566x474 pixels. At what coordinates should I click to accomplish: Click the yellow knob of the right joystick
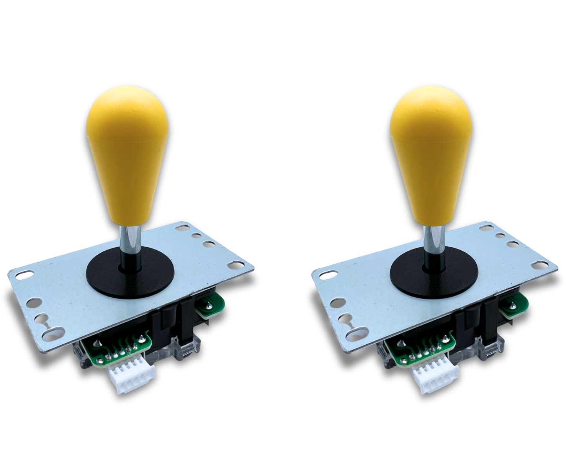coord(421,157)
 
